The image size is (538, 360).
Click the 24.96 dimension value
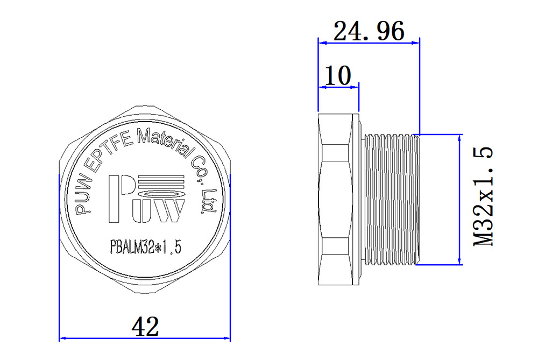[369, 32]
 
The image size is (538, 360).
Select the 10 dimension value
[338, 76]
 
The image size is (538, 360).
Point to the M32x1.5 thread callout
[484, 197]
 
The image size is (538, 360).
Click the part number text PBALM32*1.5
[145, 247]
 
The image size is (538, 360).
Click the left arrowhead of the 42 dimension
[62, 338]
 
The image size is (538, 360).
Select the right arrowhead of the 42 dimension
[227, 338]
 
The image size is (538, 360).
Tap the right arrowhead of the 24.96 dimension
[416, 43]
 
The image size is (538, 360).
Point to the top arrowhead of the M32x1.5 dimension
[459, 138]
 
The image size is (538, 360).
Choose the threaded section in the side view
[391, 200]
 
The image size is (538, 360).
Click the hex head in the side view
[337, 200]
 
